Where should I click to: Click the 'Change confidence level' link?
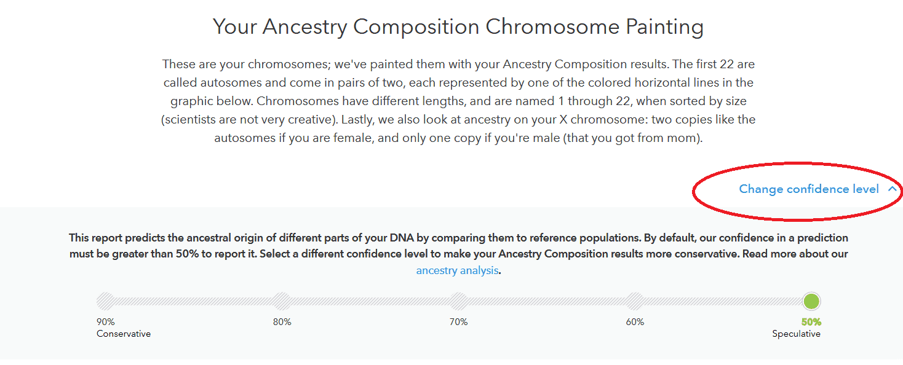pyautogui.click(x=809, y=189)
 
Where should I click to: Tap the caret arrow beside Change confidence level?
pyautogui.click(x=892, y=189)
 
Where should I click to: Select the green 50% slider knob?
pyautogui.click(x=811, y=301)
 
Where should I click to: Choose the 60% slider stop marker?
pyautogui.click(x=635, y=301)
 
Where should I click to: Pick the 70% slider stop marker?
pyautogui.click(x=458, y=301)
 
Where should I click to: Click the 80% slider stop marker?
pyautogui.click(x=282, y=301)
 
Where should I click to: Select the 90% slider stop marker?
pyautogui.click(x=106, y=301)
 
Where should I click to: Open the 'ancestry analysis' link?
pyautogui.click(x=457, y=270)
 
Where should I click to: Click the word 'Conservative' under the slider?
pyautogui.click(x=124, y=334)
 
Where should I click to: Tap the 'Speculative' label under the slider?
pyautogui.click(x=796, y=334)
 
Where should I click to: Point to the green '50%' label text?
pyautogui.click(x=811, y=322)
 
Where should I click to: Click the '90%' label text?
pyautogui.click(x=106, y=322)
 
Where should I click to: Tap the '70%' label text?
pyautogui.click(x=458, y=322)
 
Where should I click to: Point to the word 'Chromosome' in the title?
pyautogui.click(x=552, y=27)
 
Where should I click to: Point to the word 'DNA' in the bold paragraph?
pyautogui.click(x=402, y=238)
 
